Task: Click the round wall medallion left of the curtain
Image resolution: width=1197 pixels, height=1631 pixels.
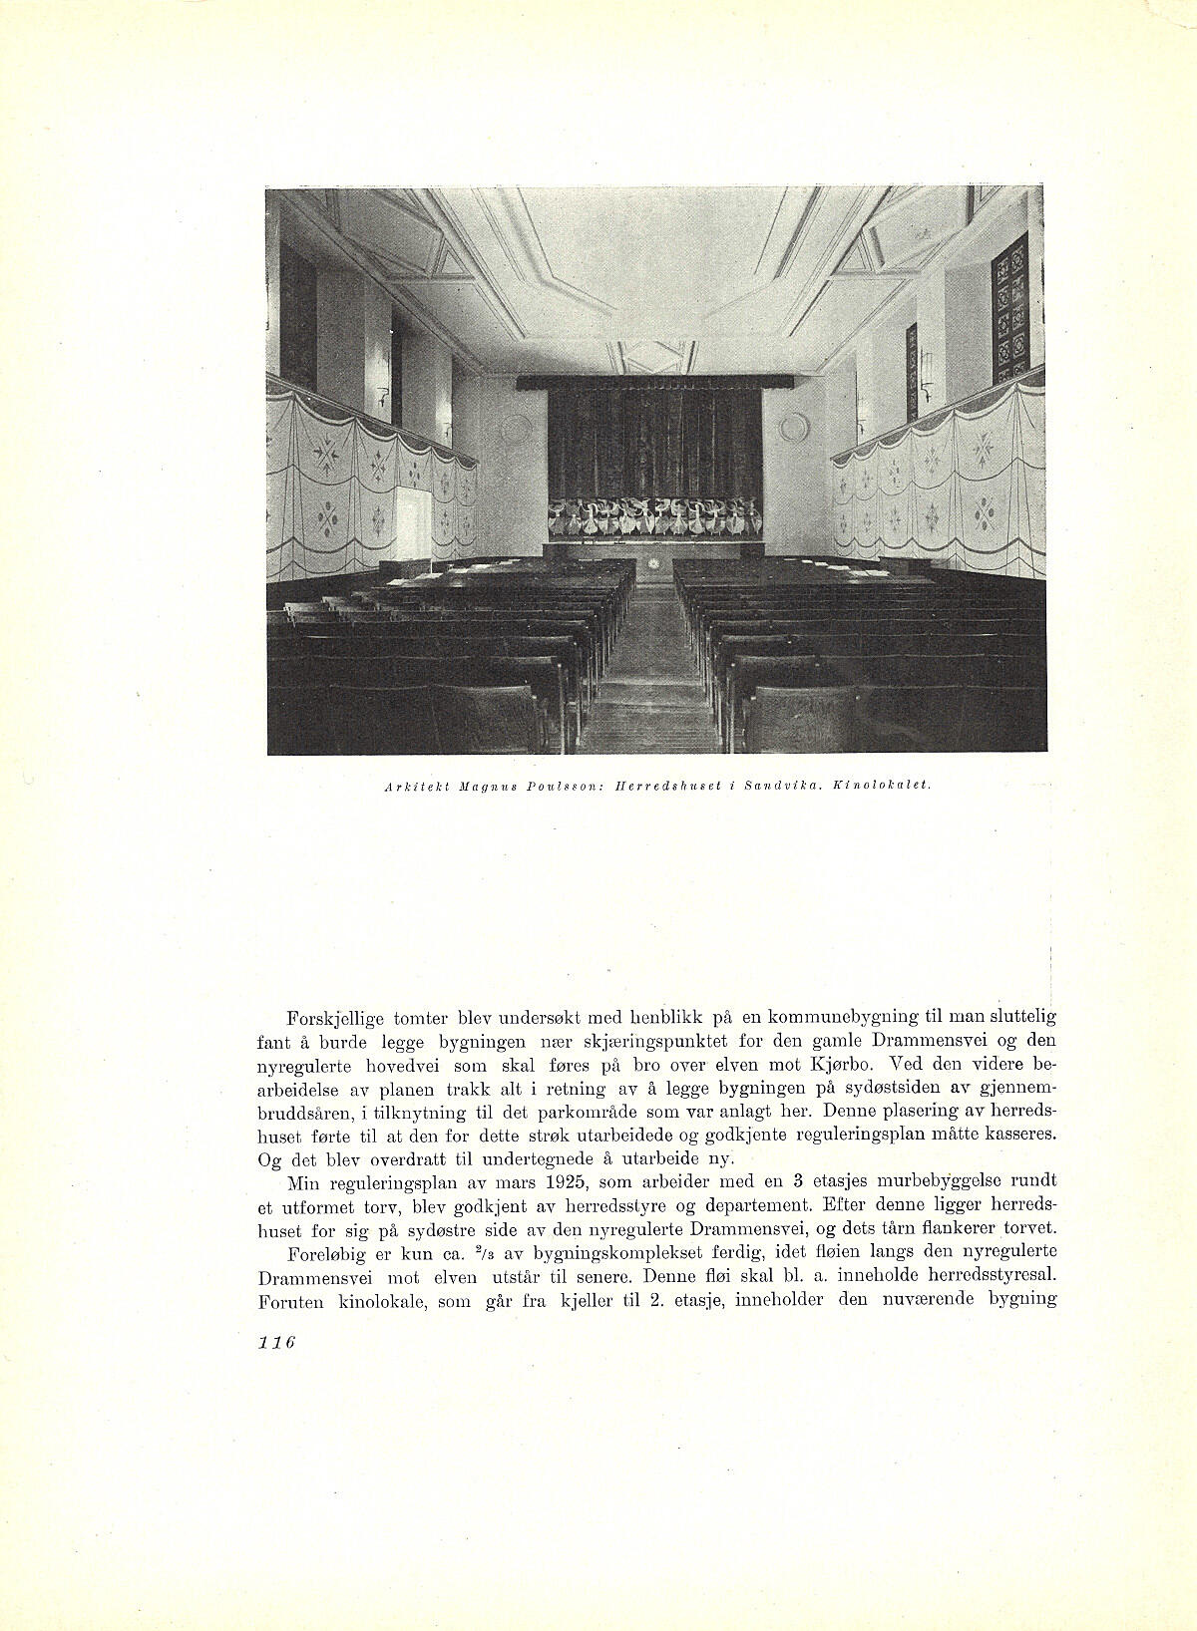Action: click(x=515, y=428)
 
